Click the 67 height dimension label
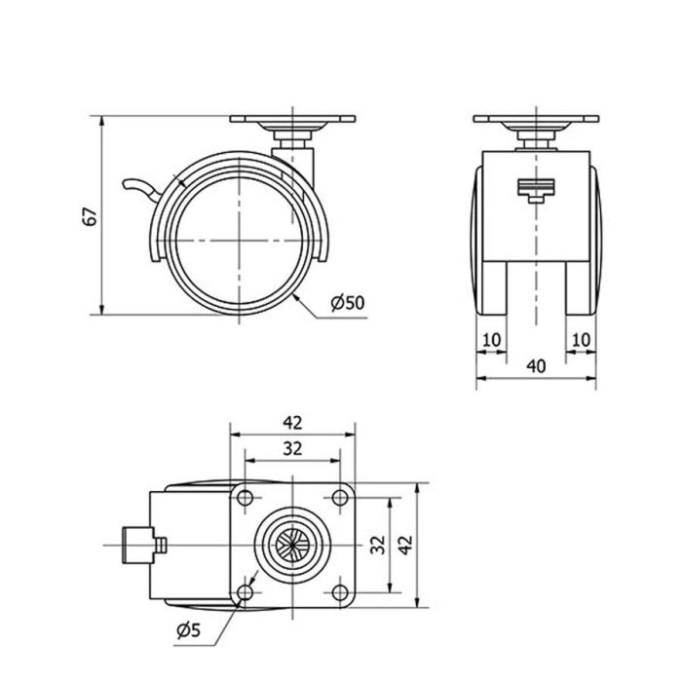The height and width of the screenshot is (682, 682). coord(90,216)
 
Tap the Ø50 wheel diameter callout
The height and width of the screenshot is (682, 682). coord(348,303)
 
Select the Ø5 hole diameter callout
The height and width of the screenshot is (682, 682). coord(189,629)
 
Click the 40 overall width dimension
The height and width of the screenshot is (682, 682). coord(536,366)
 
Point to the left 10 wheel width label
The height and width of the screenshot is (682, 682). coord(492,340)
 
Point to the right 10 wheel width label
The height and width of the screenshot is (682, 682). coord(581,340)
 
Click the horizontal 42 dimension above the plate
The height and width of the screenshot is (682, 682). coord(292,422)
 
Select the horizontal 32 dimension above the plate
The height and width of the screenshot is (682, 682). coord(292,448)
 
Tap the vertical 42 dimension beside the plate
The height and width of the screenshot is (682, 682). coord(406,545)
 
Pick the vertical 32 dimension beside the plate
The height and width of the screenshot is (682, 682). coord(378,545)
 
